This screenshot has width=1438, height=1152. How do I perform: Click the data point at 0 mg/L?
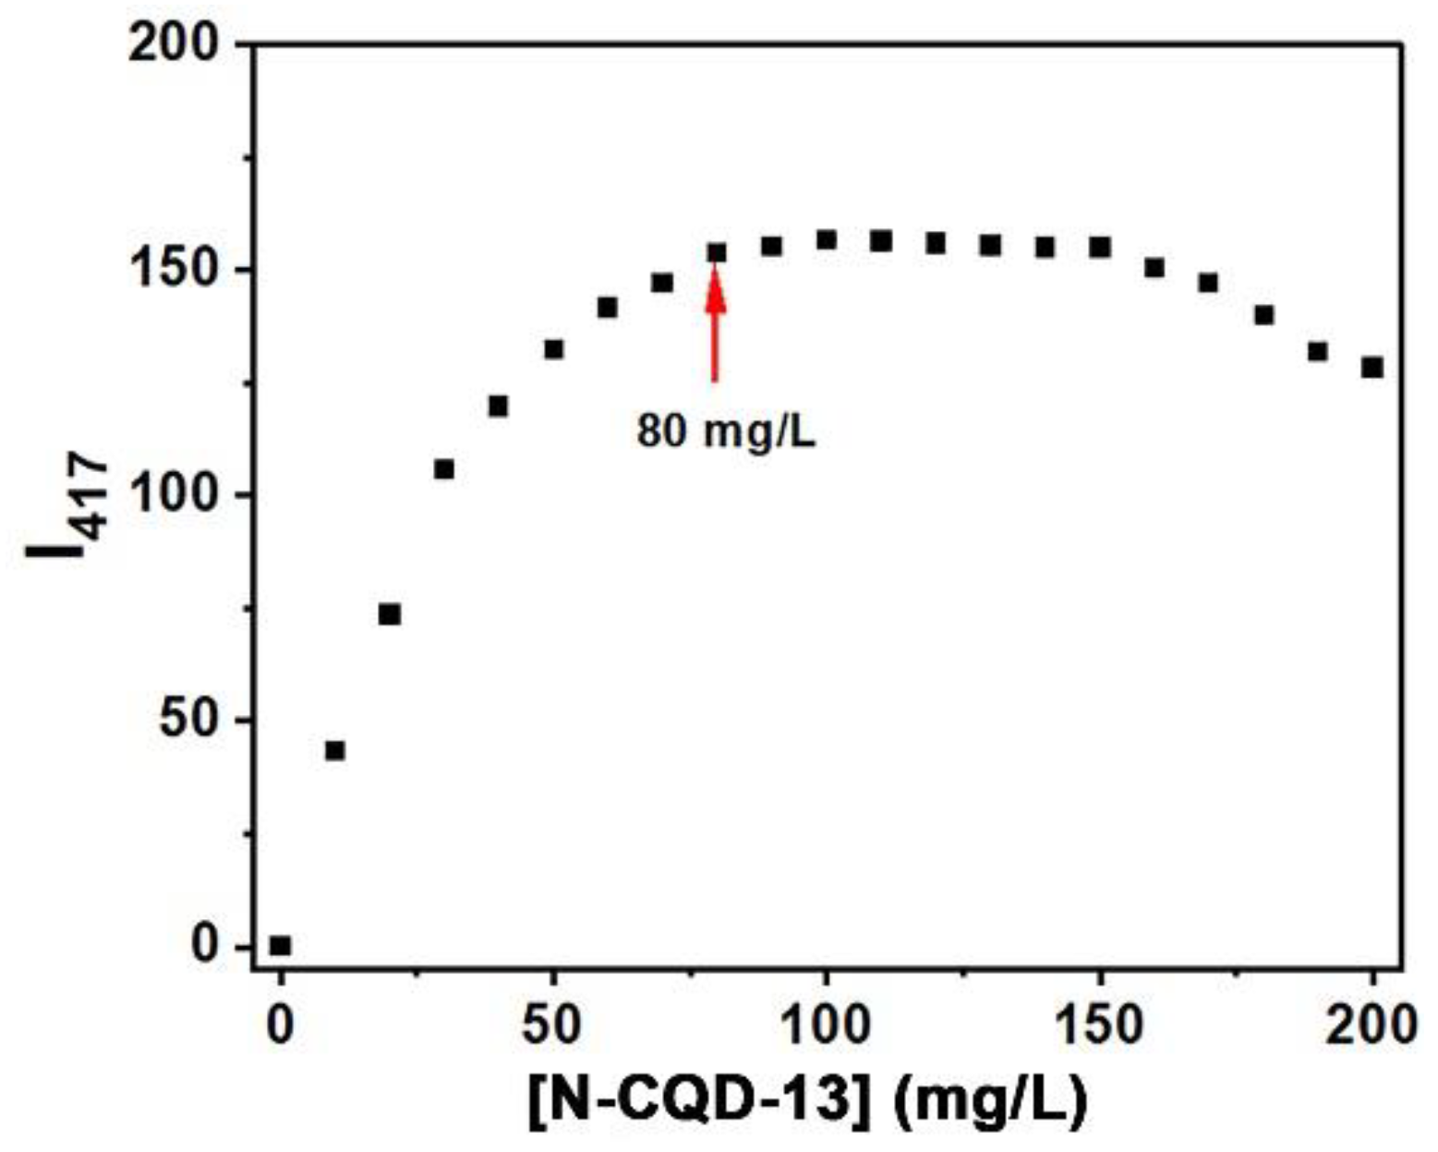280,945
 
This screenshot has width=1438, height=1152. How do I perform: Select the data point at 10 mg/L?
335,750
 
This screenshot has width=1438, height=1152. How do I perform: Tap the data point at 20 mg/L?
390,614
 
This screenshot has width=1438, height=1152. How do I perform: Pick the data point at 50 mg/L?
553,349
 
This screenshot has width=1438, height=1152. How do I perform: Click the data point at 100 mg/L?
827,240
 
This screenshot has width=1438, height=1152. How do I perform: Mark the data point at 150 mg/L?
1099,247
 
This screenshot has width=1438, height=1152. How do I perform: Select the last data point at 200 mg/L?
1372,367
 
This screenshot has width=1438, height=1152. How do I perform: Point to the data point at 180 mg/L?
1263,315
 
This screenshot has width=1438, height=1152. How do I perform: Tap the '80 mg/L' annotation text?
726,431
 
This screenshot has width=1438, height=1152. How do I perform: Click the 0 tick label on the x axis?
280,1025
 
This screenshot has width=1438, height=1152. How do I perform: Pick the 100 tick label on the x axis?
827,1025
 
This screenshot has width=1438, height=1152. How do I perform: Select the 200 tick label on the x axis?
1371,1025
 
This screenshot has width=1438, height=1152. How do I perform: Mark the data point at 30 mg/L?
444,469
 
